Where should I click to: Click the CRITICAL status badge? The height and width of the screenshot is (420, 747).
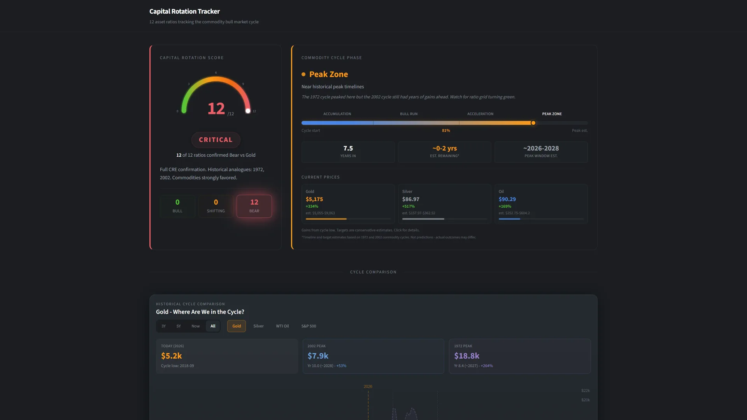[x=216, y=140]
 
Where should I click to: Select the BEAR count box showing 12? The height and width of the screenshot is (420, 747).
[x=254, y=206]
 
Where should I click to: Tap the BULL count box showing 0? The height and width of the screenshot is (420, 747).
[x=177, y=206]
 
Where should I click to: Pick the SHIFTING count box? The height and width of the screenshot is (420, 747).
[x=216, y=206]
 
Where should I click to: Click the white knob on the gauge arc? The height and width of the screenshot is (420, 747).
[x=248, y=111]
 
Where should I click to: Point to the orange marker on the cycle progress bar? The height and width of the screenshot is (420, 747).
[x=533, y=123]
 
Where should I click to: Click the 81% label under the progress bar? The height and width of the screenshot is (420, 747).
[x=446, y=131]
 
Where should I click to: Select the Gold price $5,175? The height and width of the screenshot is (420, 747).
[x=314, y=199]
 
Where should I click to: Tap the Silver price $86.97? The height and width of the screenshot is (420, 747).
[x=410, y=199]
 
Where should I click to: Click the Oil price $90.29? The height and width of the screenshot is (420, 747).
[x=507, y=199]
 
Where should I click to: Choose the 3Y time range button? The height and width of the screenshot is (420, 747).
[x=163, y=326]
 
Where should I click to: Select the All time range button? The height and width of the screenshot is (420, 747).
[x=213, y=326]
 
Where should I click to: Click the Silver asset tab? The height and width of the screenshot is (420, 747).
[x=258, y=326]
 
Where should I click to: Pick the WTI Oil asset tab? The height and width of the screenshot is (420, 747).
[x=282, y=326]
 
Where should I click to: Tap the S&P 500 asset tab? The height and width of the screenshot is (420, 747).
[x=309, y=326]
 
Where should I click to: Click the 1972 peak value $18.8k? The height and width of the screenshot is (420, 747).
[x=466, y=356]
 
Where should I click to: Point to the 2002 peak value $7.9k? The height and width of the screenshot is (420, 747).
[x=318, y=356]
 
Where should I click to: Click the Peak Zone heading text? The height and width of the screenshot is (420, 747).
[x=328, y=74]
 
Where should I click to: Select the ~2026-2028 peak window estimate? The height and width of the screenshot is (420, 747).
[x=541, y=149]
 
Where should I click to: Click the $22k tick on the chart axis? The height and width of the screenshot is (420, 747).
[x=585, y=390]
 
